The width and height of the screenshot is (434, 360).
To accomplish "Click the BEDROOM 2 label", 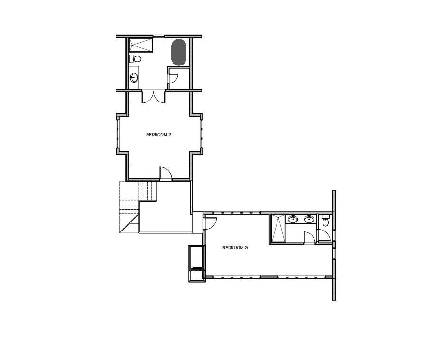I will tap(158, 135).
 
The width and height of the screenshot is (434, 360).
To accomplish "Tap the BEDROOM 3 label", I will tap(235, 247).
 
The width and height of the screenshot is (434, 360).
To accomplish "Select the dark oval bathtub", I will tap(178, 52).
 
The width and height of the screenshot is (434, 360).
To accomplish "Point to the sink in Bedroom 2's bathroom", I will tap(134, 77).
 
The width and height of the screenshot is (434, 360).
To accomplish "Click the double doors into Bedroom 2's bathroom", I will tap(154, 97).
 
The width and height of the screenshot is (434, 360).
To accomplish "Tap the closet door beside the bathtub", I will tap(173, 79).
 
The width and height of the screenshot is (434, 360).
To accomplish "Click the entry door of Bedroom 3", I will tap(210, 221).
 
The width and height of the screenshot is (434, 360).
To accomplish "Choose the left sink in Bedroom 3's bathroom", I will tap(293, 219).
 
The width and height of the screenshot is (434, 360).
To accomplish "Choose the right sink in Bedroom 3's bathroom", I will tap(309, 219).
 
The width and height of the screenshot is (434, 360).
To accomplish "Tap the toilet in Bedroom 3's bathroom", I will tap(325, 222).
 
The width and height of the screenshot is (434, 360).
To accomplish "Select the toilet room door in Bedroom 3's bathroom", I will tap(323, 235).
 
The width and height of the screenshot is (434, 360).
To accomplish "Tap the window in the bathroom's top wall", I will tap(159, 36).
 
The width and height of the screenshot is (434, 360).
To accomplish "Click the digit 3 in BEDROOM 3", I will tap(247, 247).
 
